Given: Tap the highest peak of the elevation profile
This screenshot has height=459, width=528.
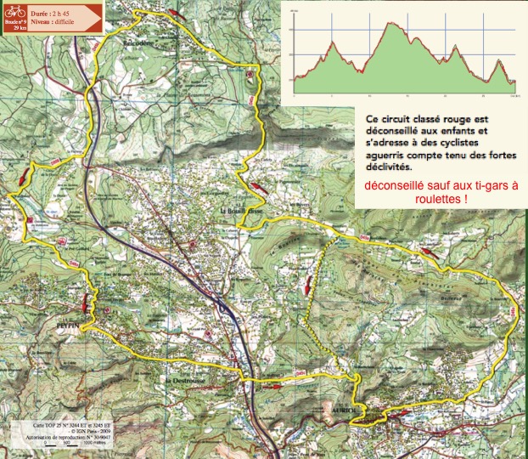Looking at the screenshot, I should pyautogui.click(x=393, y=23).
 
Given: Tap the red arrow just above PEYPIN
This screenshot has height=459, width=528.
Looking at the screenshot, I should pyautogui.click(x=86, y=302).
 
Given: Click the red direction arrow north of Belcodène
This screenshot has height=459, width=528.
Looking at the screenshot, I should pyautogui.click(x=177, y=14).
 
